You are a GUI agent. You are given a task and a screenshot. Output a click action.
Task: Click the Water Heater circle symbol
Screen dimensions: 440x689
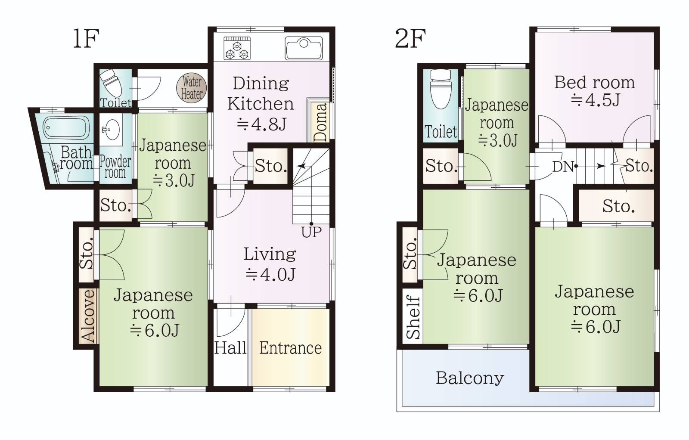pyautogui.click(x=192, y=88)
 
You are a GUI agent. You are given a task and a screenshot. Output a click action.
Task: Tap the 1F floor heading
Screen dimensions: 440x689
pyautogui.click(x=86, y=39)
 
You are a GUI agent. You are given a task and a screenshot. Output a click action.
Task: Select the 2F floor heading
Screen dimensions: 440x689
pyautogui.click(x=410, y=39)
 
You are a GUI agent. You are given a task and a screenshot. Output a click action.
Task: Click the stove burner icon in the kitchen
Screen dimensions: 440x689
pyautogui.click(x=237, y=48)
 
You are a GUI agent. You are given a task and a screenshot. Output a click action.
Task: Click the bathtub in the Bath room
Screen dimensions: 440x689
pyautogui.click(x=67, y=127)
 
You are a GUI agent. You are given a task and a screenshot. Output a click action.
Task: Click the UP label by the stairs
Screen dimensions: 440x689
pyautogui.click(x=311, y=232)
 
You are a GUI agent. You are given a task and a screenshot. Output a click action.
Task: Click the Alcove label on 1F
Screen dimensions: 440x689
pyautogui.click(x=88, y=316)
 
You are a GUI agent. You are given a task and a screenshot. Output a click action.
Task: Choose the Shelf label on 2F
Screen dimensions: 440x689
pyautogui.click(x=413, y=317)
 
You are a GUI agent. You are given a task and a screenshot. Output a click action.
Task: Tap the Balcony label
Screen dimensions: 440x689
pyautogui.click(x=469, y=378)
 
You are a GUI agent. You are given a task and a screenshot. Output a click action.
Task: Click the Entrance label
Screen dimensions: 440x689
pyautogui.click(x=290, y=348)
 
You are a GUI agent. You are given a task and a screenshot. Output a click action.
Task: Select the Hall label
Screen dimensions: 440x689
pyautogui.click(x=230, y=348)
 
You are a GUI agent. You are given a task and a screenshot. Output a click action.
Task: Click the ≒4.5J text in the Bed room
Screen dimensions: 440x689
pyautogui.click(x=595, y=100)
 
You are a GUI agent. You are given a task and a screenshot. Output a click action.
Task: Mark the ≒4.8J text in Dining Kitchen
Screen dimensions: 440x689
pyautogui.click(x=261, y=125)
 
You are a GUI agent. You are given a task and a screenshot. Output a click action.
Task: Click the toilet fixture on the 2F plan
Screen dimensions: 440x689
pyautogui.click(x=441, y=88)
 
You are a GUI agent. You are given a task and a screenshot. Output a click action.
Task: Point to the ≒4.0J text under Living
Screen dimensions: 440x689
pyautogui.click(x=270, y=275)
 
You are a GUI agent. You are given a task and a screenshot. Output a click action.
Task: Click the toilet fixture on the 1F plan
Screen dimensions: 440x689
pyautogui.click(x=112, y=84)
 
